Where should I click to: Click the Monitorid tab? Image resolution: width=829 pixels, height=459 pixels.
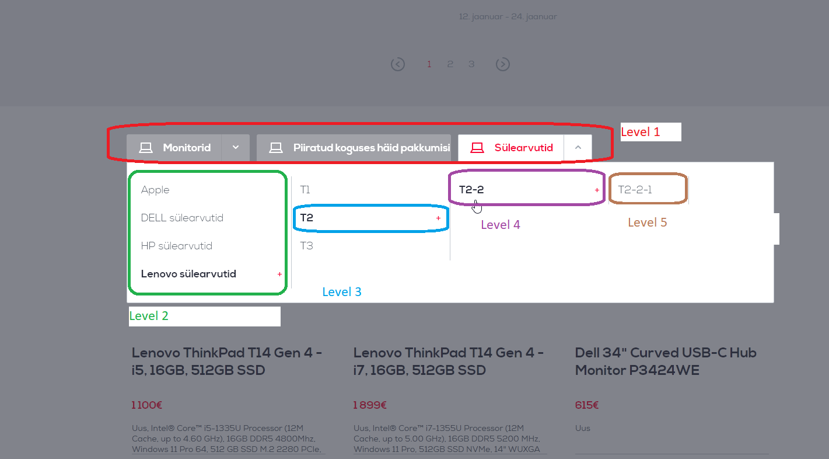[x=174, y=148]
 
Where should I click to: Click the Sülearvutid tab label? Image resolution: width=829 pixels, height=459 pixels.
[x=523, y=148]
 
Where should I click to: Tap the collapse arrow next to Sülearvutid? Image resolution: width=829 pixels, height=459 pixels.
[x=578, y=147]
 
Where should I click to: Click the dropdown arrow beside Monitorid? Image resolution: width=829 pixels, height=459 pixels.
[x=236, y=147]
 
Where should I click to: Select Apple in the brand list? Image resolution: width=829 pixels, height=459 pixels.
[x=155, y=190]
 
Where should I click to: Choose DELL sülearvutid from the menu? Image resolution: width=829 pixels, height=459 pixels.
[x=182, y=218]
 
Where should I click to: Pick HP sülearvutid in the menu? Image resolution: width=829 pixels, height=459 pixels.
[x=177, y=246]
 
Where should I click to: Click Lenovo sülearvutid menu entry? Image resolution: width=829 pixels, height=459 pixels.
[x=188, y=274]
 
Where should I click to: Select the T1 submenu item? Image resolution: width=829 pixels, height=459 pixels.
[x=305, y=190]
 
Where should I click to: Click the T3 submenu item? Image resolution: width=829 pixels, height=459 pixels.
[x=306, y=246]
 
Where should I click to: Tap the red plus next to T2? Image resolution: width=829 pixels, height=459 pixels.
[x=438, y=218]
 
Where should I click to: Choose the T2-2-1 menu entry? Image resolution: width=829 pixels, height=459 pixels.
[x=635, y=190]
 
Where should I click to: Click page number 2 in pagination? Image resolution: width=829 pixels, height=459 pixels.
[x=450, y=64]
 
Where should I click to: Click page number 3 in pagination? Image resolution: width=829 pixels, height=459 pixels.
[x=471, y=64]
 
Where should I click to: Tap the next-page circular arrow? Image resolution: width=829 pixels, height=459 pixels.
[x=502, y=64]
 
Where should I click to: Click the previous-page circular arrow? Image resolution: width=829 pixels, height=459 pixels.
[x=398, y=64]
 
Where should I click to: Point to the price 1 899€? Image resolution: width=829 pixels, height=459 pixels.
[x=370, y=405]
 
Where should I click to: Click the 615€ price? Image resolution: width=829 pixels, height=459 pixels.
[x=586, y=405]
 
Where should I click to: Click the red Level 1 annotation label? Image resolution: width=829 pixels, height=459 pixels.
[x=640, y=132]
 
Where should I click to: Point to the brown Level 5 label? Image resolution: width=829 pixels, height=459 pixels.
[x=648, y=222]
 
